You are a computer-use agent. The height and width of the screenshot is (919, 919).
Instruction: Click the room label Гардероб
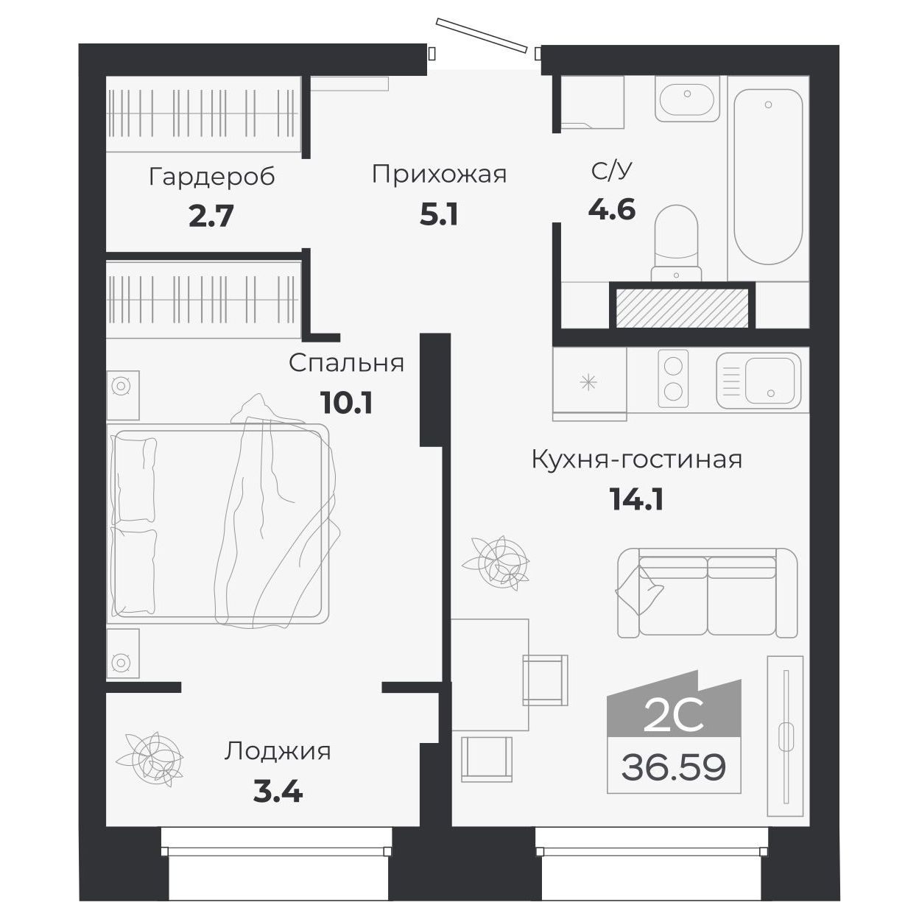click(211, 177)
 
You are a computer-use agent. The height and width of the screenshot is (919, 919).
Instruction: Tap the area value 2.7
click(211, 216)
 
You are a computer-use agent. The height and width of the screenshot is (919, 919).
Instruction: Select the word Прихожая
click(439, 175)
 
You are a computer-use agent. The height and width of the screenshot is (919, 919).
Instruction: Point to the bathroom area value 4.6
click(611, 210)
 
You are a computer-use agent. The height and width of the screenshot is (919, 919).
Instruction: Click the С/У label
click(611, 171)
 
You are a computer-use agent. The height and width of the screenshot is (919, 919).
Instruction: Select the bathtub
click(767, 177)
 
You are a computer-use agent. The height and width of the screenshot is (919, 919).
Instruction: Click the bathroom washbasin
click(686, 102)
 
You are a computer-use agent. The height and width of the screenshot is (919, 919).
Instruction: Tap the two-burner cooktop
click(673, 378)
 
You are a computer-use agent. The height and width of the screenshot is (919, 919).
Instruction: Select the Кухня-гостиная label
click(636, 460)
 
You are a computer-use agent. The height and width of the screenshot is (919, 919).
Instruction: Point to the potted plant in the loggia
click(154, 758)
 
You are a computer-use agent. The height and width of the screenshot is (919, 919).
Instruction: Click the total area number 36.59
click(673, 767)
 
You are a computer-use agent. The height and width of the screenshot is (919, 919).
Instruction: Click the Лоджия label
click(278, 751)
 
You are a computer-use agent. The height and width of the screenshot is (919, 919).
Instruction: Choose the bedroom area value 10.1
click(346, 403)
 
